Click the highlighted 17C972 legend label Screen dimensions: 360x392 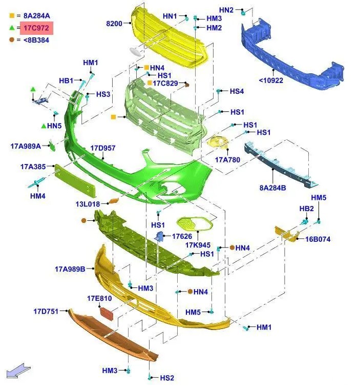point(36,28)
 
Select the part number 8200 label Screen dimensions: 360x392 point(114,24)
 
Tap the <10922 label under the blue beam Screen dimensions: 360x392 point(271,80)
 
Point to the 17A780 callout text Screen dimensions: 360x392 point(227,160)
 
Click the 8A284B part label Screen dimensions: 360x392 point(273,188)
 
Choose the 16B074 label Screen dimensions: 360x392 point(318,239)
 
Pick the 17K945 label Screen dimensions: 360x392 point(198,245)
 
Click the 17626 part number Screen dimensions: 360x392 point(182,236)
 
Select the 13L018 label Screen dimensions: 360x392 point(88,204)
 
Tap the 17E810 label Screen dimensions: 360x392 point(99,299)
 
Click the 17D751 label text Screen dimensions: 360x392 point(46,312)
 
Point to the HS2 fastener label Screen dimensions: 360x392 point(167,378)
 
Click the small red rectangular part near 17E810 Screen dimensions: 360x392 point(107,314)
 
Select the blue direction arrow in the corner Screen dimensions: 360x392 point(18,371)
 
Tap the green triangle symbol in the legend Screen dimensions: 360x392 point(12,28)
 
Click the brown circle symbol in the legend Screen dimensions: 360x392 point(12,39)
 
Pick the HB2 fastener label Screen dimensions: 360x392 point(307,209)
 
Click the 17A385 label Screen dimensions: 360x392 point(33,167)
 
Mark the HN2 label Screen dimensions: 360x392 point(226,10)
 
